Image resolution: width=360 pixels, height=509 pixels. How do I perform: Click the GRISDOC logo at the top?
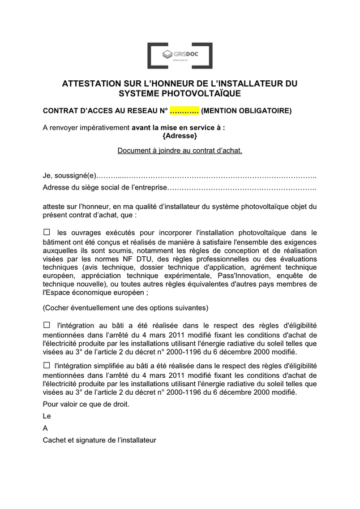[x=179, y=55]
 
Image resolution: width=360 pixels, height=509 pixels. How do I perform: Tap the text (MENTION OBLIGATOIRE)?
[x=246, y=110]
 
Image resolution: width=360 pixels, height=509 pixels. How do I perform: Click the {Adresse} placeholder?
[x=179, y=136]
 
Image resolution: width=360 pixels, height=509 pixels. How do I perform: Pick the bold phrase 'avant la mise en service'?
[x=175, y=128]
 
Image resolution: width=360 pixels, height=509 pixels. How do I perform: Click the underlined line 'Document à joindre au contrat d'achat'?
[x=179, y=150]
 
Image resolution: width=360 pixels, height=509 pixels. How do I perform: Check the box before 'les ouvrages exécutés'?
[x=47, y=232]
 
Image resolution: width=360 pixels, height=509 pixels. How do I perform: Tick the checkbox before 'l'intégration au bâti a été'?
[x=47, y=325]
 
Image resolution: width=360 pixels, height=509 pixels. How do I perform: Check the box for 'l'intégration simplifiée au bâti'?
[x=47, y=366]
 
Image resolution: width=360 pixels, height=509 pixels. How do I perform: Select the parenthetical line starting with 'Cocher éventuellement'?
[x=126, y=308]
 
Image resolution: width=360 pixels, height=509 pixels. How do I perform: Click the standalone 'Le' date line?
[x=47, y=416]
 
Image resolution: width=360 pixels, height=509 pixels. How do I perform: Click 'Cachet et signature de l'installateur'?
[x=99, y=440]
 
